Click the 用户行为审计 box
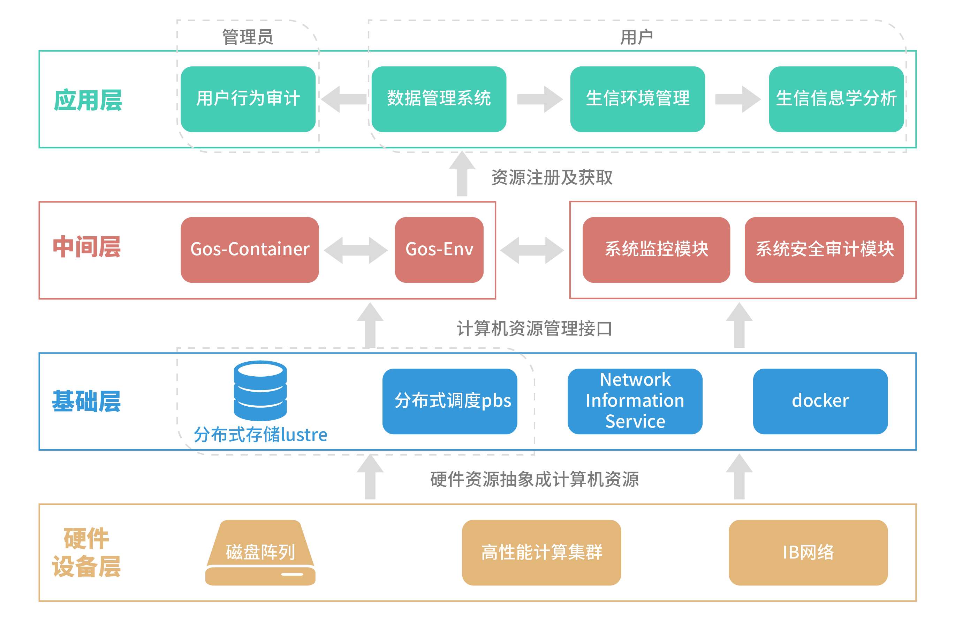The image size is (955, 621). pos(248,99)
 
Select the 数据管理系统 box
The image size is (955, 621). pos(439,99)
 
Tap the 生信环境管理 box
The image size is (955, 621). pos(637,99)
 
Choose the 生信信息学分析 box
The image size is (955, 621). pos(836,99)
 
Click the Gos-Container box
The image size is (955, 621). pos(250,250)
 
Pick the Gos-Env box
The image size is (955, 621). pos(439,250)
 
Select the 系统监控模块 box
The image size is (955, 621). pos(656,250)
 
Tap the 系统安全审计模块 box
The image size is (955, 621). pos(824,250)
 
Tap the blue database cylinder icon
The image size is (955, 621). pos(260,390)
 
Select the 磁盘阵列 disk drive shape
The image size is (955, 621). pos(260,553)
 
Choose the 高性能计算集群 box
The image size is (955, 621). pos(541,553)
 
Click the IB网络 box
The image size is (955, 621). pos(808,553)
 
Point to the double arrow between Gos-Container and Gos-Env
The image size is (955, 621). pos(356,250)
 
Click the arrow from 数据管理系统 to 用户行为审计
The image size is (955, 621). pos(343,99)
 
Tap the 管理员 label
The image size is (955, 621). pos(248,37)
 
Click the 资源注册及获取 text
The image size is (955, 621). pos(552,178)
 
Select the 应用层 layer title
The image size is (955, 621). pos(88,101)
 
